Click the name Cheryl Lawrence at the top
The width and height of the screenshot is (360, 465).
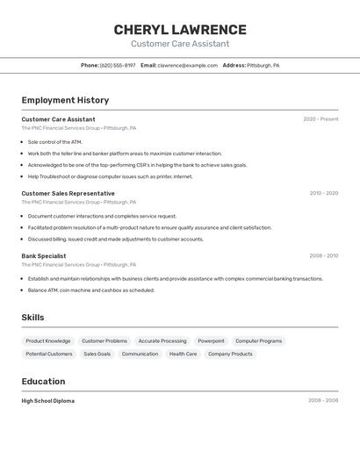(x=180, y=30)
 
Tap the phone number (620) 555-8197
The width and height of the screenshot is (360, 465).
(x=118, y=65)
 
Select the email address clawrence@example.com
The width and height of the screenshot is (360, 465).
(x=187, y=65)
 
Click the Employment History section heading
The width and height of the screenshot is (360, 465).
(x=65, y=100)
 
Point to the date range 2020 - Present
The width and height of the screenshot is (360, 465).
(x=320, y=119)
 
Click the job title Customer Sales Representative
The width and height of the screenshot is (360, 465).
(x=68, y=193)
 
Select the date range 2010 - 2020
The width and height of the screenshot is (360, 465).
(x=323, y=193)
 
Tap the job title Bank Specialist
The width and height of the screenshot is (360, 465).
(x=44, y=256)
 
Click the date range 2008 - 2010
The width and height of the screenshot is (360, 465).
(x=323, y=256)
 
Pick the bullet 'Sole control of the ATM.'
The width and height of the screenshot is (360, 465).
(x=54, y=141)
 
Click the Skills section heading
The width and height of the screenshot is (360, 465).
(x=32, y=318)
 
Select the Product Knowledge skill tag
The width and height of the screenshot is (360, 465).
(x=48, y=340)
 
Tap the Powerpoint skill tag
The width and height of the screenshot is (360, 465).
(x=211, y=340)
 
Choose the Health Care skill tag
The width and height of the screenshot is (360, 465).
(x=184, y=354)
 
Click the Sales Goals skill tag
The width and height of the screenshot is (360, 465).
(x=97, y=354)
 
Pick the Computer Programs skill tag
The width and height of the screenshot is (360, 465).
(x=259, y=340)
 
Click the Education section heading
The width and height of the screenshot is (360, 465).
(x=43, y=382)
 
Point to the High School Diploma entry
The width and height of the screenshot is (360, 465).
(x=47, y=401)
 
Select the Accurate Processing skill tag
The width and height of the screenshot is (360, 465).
(x=162, y=340)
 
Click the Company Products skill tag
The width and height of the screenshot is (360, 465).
(x=230, y=354)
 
